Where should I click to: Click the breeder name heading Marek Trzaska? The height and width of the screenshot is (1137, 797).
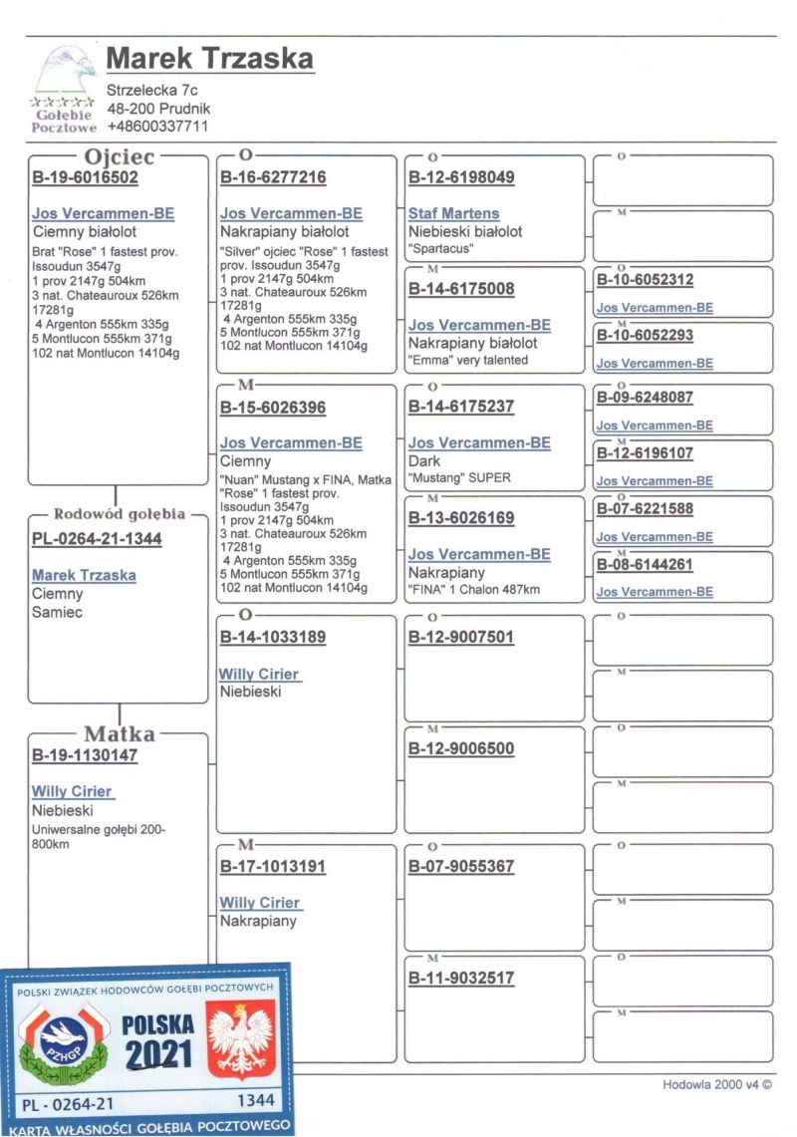point(209,59)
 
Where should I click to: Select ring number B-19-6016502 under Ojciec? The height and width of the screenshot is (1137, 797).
point(85,178)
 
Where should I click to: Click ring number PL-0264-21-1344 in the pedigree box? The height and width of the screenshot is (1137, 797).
point(97,539)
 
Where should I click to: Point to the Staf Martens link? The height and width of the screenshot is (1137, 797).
point(453,213)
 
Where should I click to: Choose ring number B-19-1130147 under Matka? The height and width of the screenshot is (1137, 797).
point(85,755)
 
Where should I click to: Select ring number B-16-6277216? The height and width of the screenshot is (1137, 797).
point(272,178)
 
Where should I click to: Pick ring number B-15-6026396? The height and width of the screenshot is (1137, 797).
point(272,408)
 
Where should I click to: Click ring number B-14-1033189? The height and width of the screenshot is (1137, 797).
point(272,638)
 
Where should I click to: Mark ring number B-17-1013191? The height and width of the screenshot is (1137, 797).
point(272,867)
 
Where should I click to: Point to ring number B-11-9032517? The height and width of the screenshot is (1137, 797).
point(461,979)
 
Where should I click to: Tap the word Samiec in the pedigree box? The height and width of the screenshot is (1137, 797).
point(57,612)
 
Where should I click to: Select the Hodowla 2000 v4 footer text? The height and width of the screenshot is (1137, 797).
point(717,1085)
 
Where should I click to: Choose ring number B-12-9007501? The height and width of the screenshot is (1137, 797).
point(461,638)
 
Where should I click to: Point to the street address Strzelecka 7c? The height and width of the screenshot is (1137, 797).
point(151,91)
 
